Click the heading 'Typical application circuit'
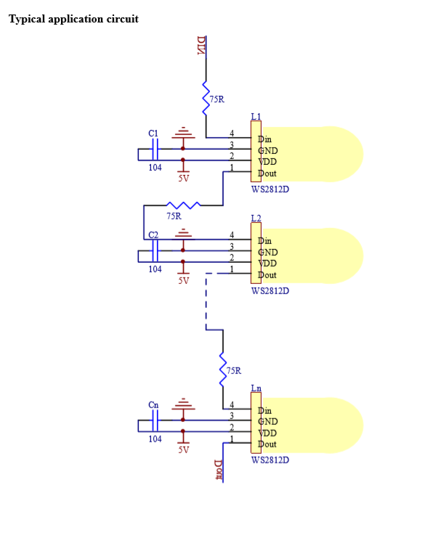[x=73, y=19]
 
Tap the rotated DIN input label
[x=201, y=46]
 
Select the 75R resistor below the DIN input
[x=206, y=98]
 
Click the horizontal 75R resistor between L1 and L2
[x=183, y=206]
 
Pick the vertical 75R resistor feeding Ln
[x=223, y=370]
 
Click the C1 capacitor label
[x=153, y=133]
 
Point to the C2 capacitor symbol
[x=155, y=251]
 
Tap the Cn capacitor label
[x=153, y=405]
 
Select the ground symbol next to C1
[x=183, y=132]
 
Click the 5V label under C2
[x=184, y=280]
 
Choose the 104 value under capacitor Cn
[x=155, y=439]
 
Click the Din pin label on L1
[x=264, y=139]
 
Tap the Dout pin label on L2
[x=267, y=275]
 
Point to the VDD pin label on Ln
[x=267, y=433]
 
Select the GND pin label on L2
[x=268, y=252]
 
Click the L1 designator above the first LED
[x=256, y=116]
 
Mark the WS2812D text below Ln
[x=270, y=460]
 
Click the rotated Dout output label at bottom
[x=219, y=470]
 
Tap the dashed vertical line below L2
[x=206, y=301]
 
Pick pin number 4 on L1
[x=232, y=133]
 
